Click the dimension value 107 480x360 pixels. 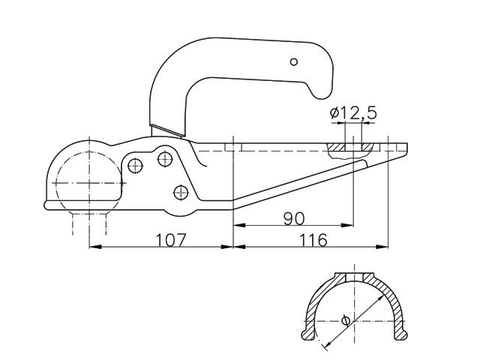pyautogui.click(x=171, y=240)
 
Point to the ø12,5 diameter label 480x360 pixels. pyautogui.click(x=352, y=114)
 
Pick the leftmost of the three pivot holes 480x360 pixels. pyautogui.click(x=136, y=163)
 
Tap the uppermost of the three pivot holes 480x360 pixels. pyautogui.click(x=163, y=157)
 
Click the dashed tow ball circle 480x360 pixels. pyautogui.click(x=89, y=181)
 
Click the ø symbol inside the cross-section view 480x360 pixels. pyautogui.click(x=345, y=320)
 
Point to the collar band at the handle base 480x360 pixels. pyautogui.click(x=166, y=131)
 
